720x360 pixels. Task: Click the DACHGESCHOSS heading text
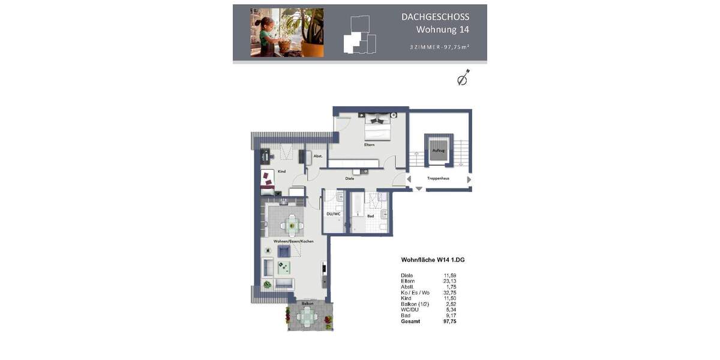(x=435, y=17)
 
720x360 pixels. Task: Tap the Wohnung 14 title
(x=443, y=29)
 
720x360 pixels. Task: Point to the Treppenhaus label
(x=438, y=178)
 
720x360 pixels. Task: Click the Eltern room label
(x=368, y=145)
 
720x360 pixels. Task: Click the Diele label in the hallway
(x=349, y=178)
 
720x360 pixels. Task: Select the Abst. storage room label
(x=318, y=156)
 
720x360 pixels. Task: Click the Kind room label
(x=281, y=172)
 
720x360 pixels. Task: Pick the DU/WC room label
(x=333, y=214)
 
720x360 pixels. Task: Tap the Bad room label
(x=370, y=216)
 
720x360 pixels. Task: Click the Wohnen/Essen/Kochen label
(x=293, y=241)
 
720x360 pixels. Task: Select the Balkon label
(x=308, y=304)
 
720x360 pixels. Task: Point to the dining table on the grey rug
(x=292, y=226)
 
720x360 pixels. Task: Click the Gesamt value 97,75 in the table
(x=449, y=322)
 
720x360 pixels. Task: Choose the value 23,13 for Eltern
(x=449, y=281)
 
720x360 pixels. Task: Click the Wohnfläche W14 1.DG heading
(x=433, y=260)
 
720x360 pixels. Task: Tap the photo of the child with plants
(x=287, y=32)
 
